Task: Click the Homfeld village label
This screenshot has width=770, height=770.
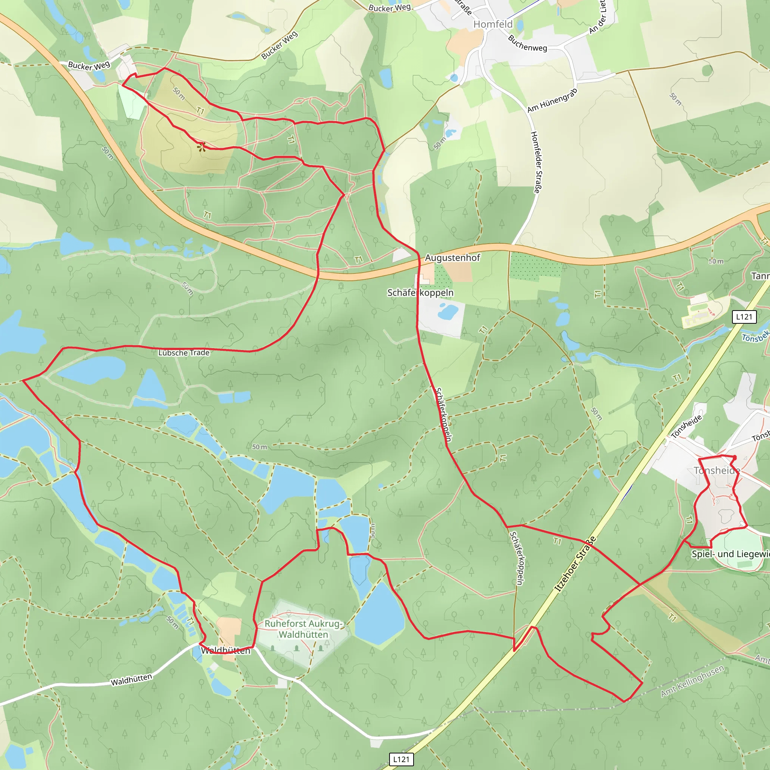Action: click(x=493, y=24)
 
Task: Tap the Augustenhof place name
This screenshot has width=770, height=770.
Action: click(x=452, y=258)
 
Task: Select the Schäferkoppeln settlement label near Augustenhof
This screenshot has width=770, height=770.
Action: click(x=420, y=293)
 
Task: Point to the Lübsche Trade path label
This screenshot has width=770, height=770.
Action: click(x=184, y=353)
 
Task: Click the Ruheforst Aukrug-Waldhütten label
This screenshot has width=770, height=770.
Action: click(x=303, y=629)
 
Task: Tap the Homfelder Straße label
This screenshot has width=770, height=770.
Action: click(x=537, y=162)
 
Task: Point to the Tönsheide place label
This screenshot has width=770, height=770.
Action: click(x=717, y=470)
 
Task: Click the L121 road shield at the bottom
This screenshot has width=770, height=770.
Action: click(x=401, y=759)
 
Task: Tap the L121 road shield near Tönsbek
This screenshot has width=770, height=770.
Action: click(x=744, y=317)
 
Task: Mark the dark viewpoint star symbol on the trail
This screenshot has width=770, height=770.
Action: click(x=202, y=147)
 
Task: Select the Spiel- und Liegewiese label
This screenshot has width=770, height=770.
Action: click(x=730, y=554)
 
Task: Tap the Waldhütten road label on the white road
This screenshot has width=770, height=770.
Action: click(x=131, y=679)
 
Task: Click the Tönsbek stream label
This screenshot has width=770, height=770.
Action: click(x=755, y=337)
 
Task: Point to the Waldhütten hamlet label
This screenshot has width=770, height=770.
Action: click(x=226, y=651)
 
